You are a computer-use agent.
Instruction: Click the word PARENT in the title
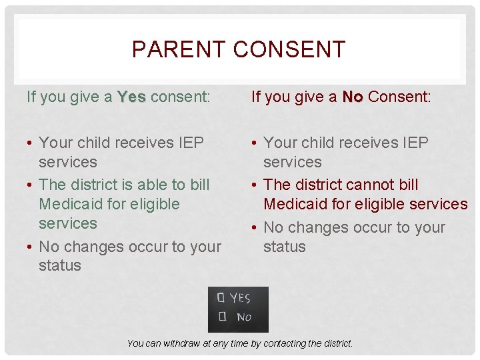pyautogui.click(x=170, y=49)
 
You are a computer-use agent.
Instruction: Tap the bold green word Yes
pyautogui.click(x=131, y=97)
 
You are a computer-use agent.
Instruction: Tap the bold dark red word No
pyautogui.click(x=353, y=97)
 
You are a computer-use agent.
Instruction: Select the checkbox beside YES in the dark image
pyautogui.click(x=221, y=298)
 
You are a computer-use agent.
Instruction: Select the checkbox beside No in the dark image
pyautogui.click(x=221, y=316)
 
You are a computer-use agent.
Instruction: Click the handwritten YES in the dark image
pyautogui.click(x=241, y=298)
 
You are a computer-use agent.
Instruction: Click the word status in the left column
pyautogui.click(x=60, y=265)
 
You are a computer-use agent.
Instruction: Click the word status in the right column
pyautogui.click(x=285, y=247)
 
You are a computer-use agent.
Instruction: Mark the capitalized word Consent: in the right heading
pyautogui.click(x=399, y=97)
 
